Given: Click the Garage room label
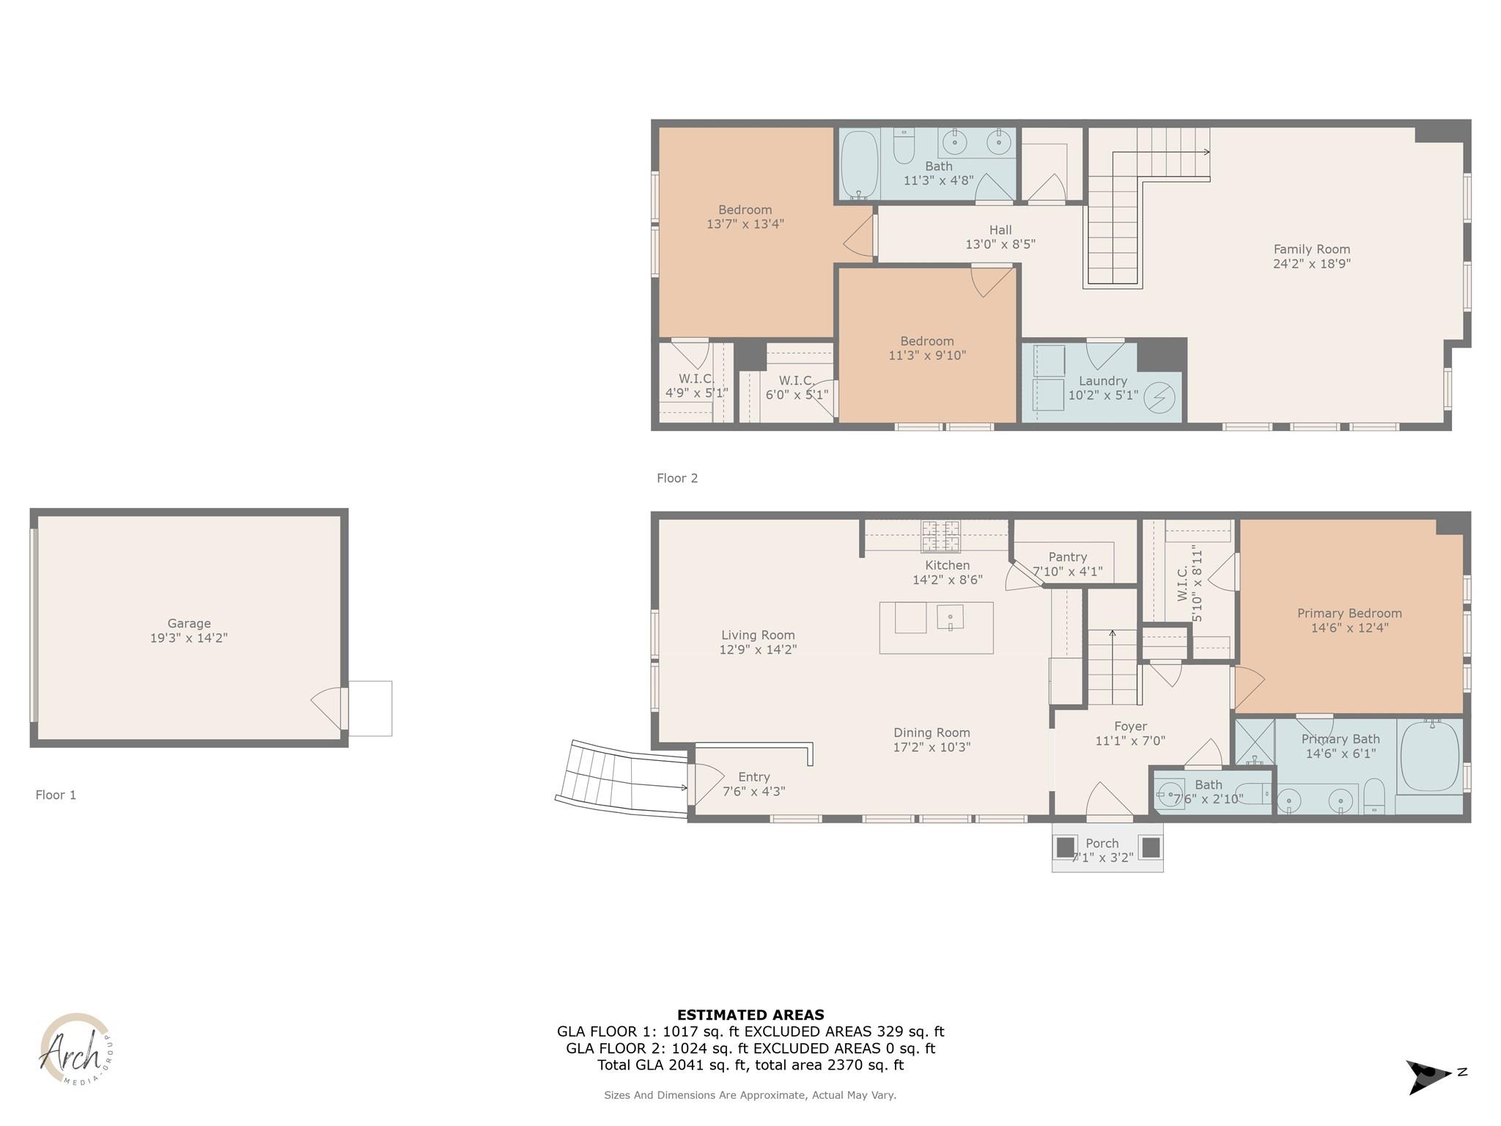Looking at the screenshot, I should pos(188,623).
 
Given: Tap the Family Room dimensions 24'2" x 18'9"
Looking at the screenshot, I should pos(1311,264).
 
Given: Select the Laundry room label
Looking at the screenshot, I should pos(1102,380).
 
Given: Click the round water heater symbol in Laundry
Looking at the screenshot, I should pos(1159,398).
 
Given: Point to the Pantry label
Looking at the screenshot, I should pos(1067,557).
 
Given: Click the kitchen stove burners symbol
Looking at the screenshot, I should pos(940,535).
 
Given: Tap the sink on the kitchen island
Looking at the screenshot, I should pos(950,617).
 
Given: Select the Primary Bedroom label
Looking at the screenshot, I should pos(1349,613).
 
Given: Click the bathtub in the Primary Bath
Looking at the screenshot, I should pos(1429,757).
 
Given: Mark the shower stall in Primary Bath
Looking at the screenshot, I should pos(1255,742).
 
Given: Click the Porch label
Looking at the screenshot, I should pos(1102,843).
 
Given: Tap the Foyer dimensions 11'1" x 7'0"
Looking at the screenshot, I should pos(1130,740).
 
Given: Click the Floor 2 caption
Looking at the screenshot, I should pos(677,478).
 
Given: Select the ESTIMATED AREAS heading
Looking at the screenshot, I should pos(750,1015).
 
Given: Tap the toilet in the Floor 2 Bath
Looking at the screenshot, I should pos(904,147).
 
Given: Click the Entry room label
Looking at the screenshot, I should pos(753,777).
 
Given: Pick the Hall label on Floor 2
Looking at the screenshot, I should pos(1000,230).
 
